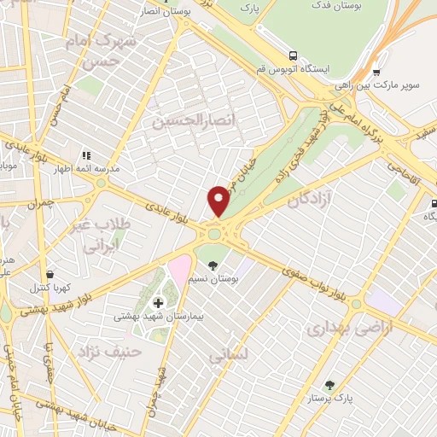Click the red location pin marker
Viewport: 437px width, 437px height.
pyautogui.click(x=219, y=201)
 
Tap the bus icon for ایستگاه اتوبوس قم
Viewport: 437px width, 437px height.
pyautogui.click(x=293, y=53)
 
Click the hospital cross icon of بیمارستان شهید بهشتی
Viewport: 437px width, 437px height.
pyautogui.click(x=158, y=303)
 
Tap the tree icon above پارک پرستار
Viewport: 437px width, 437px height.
pyautogui.click(x=330, y=386)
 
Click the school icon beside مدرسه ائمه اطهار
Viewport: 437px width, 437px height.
pyautogui.click(x=85, y=155)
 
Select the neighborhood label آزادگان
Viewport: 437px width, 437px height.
pyautogui.click(x=309, y=201)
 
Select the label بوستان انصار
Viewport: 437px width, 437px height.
pyautogui.click(x=165, y=12)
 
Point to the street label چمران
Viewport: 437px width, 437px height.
pyautogui.click(x=39, y=205)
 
